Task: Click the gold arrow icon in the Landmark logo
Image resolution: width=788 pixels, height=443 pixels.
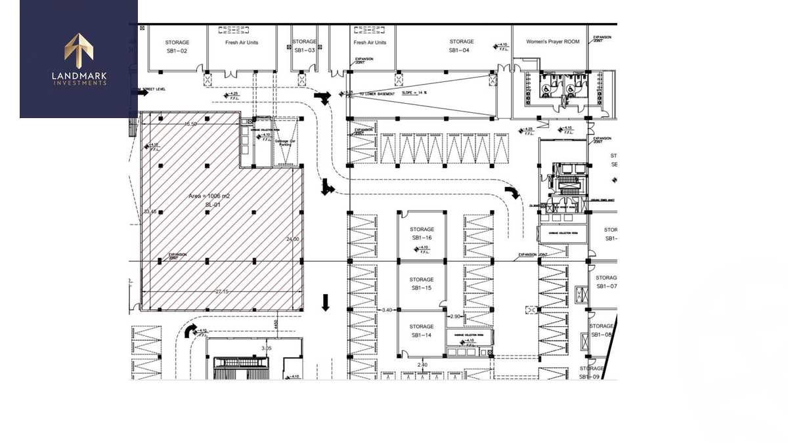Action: click(x=78, y=51)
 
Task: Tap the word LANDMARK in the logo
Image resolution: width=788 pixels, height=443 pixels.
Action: click(x=79, y=75)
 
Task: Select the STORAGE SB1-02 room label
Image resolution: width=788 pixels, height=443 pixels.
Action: click(x=177, y=46)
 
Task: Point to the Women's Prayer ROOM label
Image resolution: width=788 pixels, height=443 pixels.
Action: click(x=553, y=41)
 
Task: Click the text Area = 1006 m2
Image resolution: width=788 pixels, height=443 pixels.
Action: click(x=209, y=196)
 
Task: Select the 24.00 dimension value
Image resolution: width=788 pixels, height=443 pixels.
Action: click(x=292, y=239)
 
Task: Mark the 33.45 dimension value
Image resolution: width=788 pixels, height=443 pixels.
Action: click(x=150, y=211)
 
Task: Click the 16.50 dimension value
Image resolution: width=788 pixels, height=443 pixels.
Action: click(x=190, y=123)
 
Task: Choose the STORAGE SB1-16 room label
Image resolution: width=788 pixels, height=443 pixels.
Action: click(x=422, y=233)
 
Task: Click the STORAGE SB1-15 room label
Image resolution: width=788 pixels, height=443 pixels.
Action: click(x=422, y=284)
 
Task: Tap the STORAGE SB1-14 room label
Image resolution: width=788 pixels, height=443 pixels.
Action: click(x=422, y=331)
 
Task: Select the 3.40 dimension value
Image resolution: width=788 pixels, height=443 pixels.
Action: click(x=387, y=309)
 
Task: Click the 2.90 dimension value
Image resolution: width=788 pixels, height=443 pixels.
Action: click(x=455, y=316)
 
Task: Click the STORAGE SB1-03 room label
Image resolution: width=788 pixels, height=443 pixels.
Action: click(x=304, y=46)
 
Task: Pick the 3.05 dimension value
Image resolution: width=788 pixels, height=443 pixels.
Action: click(x=266, y=348)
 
